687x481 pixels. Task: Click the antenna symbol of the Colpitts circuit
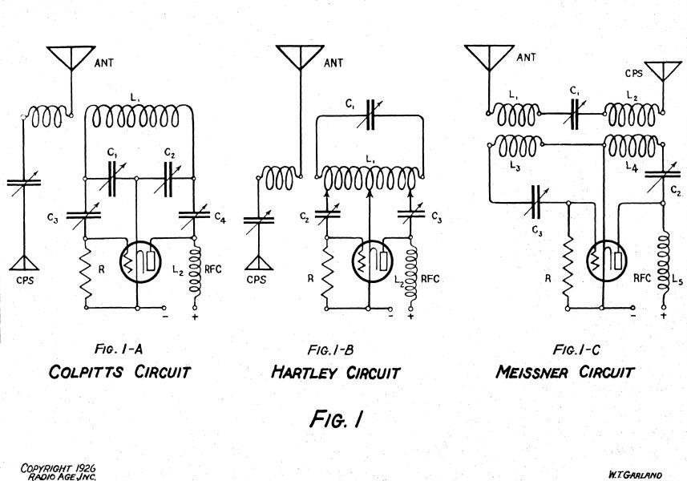click(x=71, y=55)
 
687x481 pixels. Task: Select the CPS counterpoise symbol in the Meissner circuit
click(x=662, y=72)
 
